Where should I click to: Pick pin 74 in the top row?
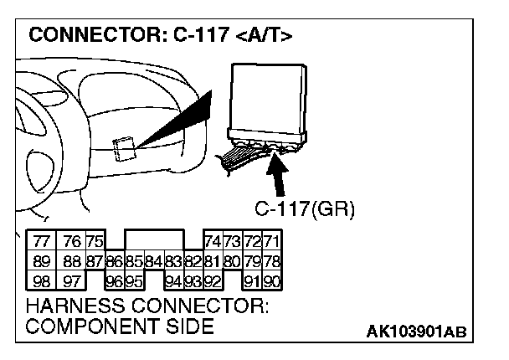(212, 240)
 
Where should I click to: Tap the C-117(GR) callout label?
(304, 208)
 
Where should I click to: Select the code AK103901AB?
(417, 332)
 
